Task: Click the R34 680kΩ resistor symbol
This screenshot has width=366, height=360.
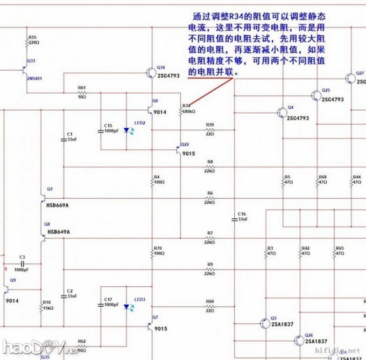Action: coord(180,112)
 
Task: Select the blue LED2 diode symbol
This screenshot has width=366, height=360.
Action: coord(127,130)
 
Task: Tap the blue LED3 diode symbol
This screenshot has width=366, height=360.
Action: coord(127,307)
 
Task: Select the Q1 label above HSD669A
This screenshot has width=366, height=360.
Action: coord(50,190)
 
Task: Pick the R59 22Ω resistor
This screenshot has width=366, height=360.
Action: coord(209,130)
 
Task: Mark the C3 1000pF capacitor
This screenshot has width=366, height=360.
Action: coord(22,264)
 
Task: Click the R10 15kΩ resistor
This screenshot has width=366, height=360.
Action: coord(42,308)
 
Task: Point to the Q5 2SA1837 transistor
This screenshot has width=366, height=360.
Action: coord(264,323)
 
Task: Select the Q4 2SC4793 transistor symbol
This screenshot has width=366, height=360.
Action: coord(281,112)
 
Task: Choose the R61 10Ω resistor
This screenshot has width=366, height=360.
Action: coord(82,93)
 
